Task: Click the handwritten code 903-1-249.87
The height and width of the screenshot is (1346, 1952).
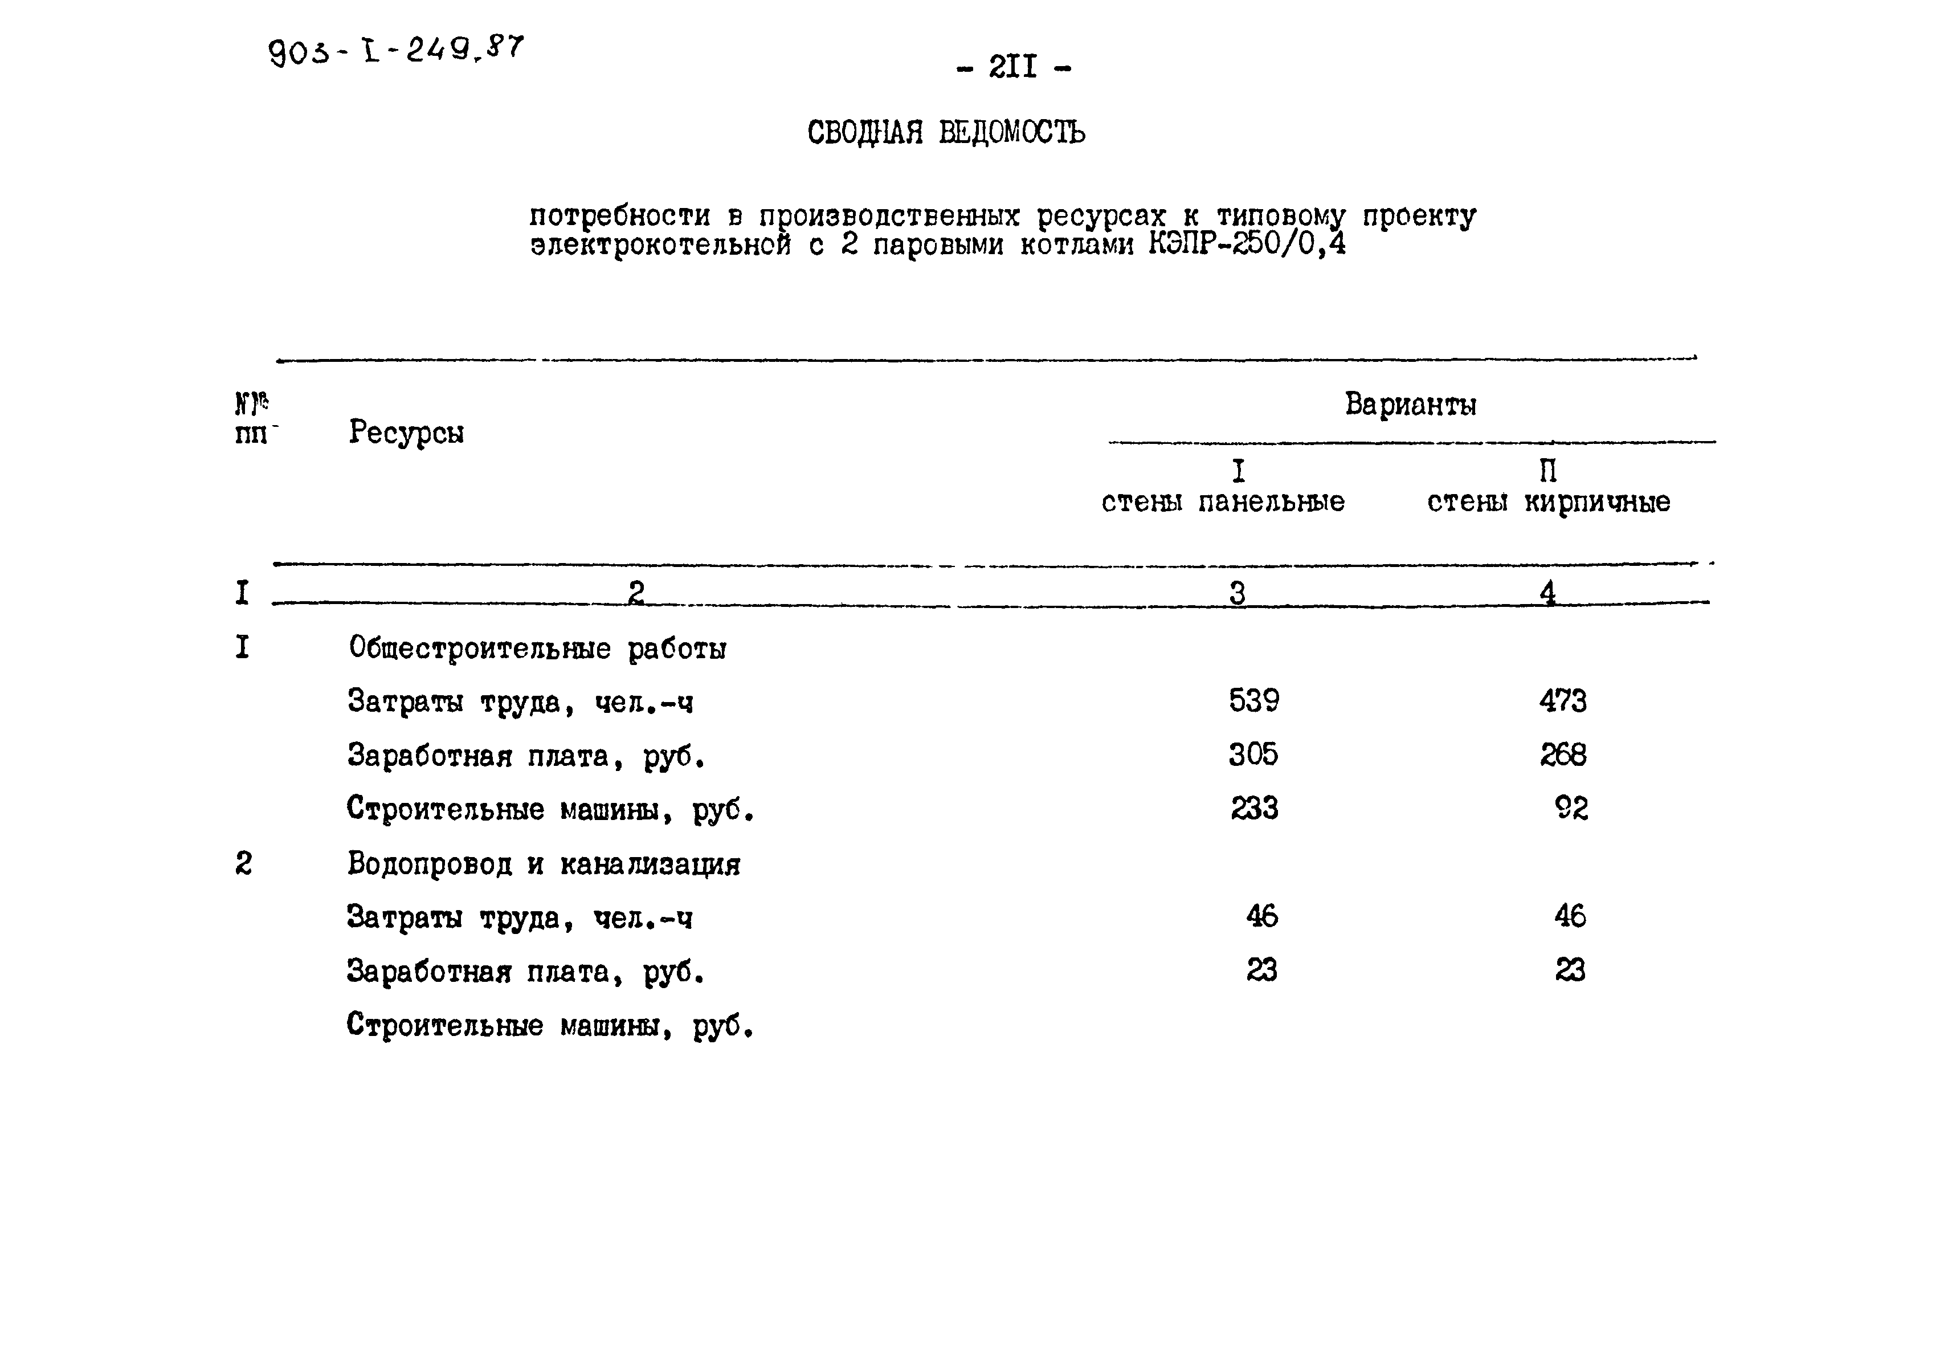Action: [395, 52]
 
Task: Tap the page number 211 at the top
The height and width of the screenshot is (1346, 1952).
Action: [1014, 67]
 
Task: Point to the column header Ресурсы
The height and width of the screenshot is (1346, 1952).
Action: [406, 433]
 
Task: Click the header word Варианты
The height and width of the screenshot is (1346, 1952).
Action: [1410, 405]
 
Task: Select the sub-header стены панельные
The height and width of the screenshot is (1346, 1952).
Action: [1223, 502]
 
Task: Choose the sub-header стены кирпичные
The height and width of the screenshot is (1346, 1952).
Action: [1548, 502]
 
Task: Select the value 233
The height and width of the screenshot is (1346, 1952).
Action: [1254, 809]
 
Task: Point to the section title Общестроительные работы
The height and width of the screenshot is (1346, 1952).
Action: [537, 648]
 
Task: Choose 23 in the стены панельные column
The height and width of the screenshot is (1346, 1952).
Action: [1261, 970]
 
